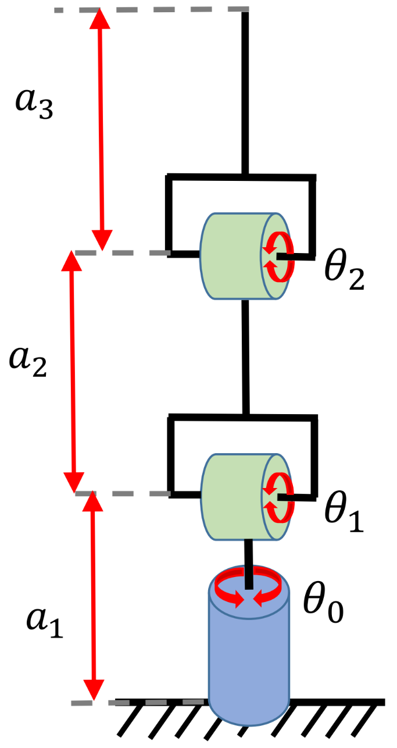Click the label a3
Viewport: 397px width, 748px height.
[x=34, y=105]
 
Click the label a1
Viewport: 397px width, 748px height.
[x=44, y=625]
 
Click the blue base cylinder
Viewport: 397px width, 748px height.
[x=249, y=657]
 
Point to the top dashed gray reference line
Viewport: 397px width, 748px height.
[x=151, y=10]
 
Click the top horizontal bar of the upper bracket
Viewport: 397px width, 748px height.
[x=241, y=176]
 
